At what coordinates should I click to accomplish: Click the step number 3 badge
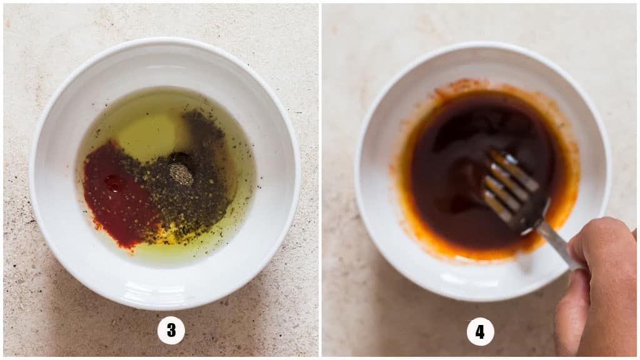coord(171,330)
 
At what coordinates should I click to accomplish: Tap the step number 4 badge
coord(480,331)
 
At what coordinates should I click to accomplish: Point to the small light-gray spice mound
coord(181,175)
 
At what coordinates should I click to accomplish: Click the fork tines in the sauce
coord(510,184)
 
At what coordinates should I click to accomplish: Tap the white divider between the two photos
coord(320,180)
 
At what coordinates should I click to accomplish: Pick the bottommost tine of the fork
coord(496,207)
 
